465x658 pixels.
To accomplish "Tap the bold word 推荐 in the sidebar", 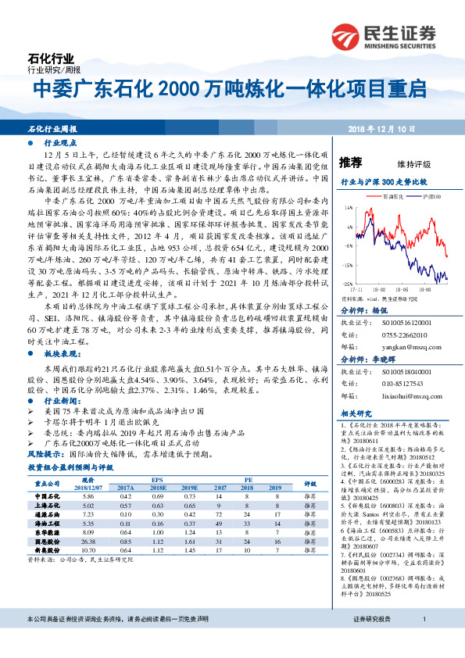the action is point(351,163).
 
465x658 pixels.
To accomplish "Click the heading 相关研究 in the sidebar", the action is point(356,413).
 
